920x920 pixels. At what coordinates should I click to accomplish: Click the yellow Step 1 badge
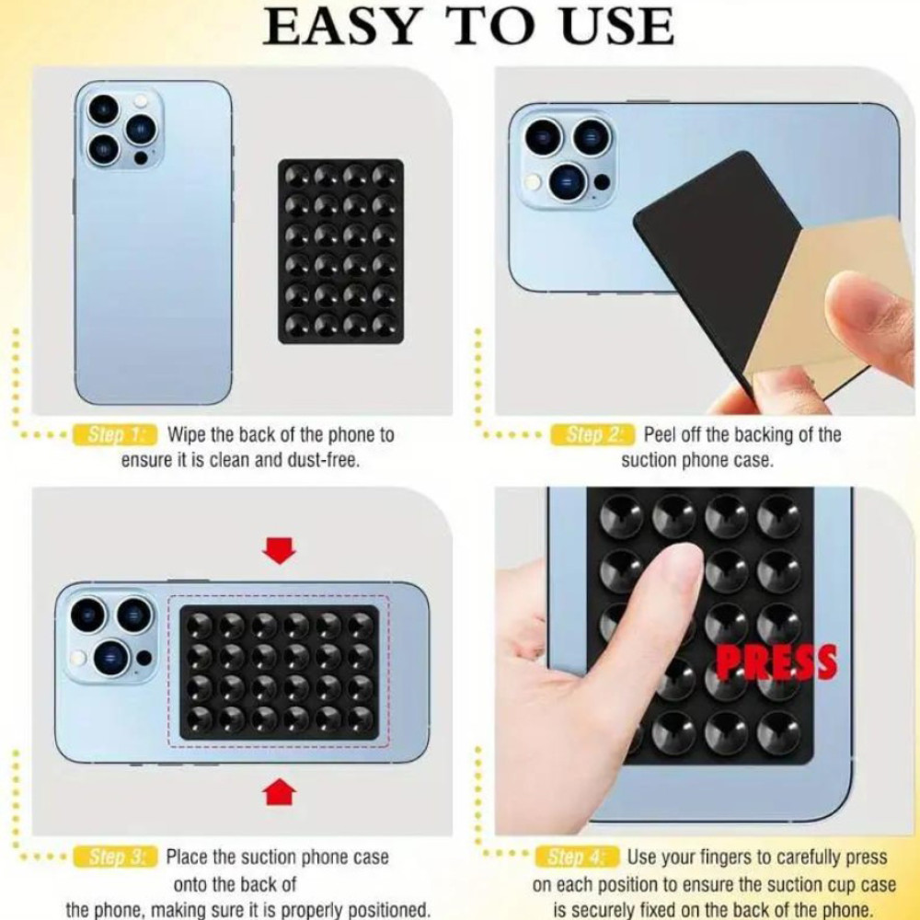tap(115, 435)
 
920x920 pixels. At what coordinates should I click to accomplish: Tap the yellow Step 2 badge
tap(592, 435)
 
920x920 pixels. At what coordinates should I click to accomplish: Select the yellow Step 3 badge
tap(116, 857)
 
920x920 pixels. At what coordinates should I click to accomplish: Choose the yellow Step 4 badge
tap(578, 857)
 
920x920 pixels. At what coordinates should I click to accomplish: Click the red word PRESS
tap(777, 662)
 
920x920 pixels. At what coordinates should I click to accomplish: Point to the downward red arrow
tap(280, 550)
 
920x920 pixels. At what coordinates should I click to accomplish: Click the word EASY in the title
tap(340, 27)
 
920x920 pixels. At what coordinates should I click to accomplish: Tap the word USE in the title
tap(617, 27)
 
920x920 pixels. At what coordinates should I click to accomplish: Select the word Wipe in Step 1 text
tap(187, 435)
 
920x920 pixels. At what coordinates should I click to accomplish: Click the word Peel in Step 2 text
tap(662, 435)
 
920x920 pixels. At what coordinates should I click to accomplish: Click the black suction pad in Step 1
tap(341, 251)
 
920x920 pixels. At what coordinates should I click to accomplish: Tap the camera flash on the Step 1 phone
tap(140, 101)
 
